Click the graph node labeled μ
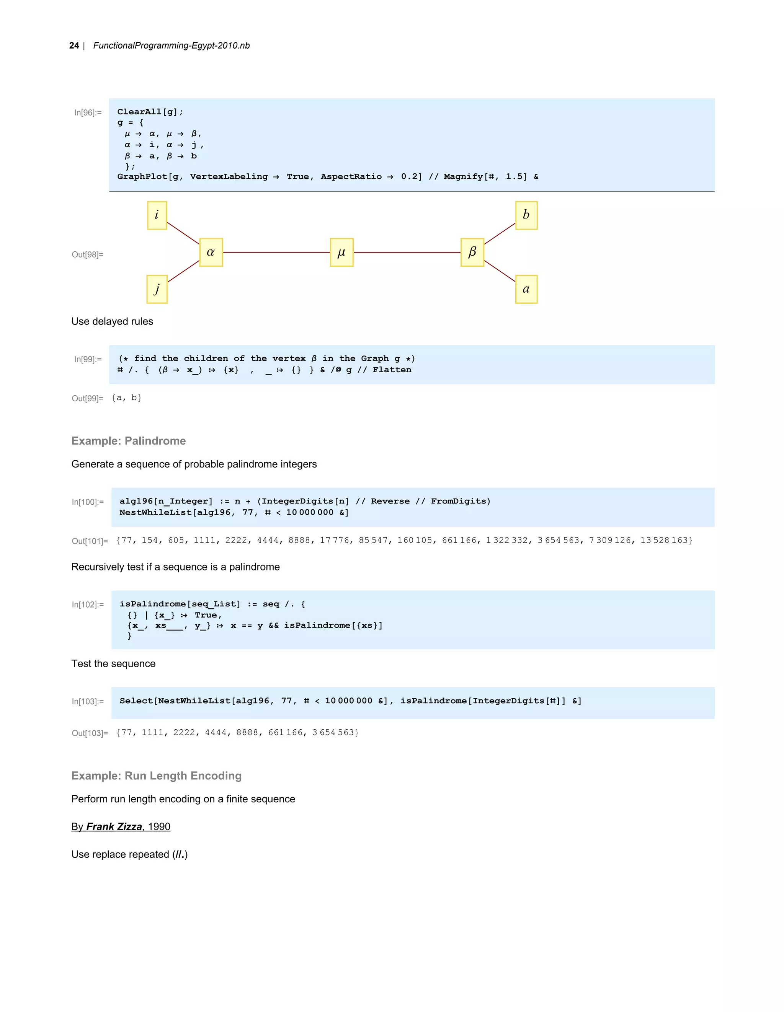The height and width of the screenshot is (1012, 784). (x=342, y=253)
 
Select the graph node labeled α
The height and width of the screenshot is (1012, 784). (x=211, y=253)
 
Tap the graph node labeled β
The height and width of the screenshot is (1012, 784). (x=472, y=253)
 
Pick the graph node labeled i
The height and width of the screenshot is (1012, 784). (x=157, y=215)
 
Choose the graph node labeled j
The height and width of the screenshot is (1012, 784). (x=157, y=289)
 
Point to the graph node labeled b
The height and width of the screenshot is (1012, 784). (x=526, y=215)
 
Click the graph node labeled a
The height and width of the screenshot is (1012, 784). (x=526, y=289)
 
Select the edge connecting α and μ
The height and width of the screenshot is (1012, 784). (x=276, y=253)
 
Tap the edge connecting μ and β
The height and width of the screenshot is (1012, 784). (x=407, y=253)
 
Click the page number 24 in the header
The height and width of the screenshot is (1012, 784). (x=74, y=46)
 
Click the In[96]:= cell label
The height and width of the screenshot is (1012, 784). (x=88, y=112)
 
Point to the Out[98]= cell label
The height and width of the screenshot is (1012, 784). (x=87, y=254)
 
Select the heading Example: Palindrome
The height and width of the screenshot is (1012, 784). (x=128, y=441)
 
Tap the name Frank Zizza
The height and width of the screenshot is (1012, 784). (x=114, y=827)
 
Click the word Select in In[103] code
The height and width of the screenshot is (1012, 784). (x=136, y=701)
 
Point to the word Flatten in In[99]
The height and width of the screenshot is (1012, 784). (x=392, y=370)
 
